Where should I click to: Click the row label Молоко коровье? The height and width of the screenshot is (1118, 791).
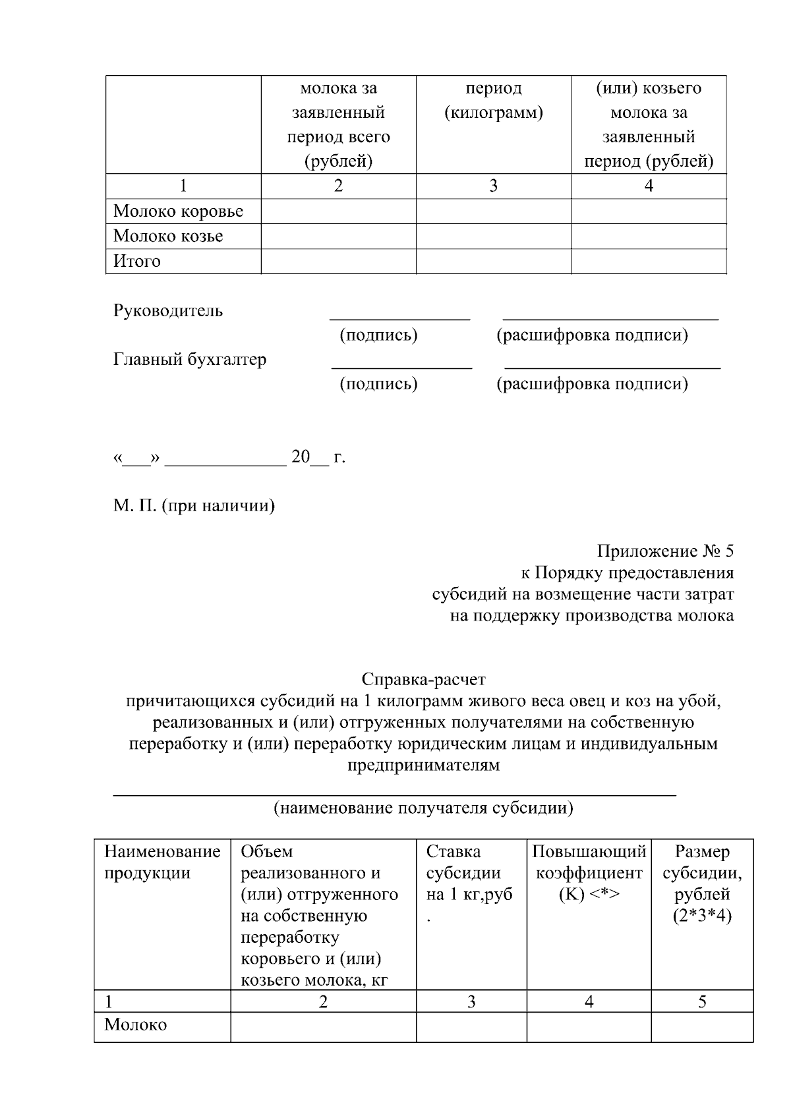(x=178, y=211)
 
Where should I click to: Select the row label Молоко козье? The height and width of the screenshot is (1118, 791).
(x=168, y=237)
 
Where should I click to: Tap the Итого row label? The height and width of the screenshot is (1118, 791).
(x=137, y=262)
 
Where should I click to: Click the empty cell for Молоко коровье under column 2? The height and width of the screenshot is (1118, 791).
(x=338, y=211)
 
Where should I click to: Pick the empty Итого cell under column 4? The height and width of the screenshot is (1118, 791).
(x=648, y=262)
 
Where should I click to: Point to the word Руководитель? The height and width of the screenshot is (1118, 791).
(x=168, y=311)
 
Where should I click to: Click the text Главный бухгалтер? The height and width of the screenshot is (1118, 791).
(x=190, y=360)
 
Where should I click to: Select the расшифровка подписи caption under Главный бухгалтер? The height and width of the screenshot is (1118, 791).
(x=592, y=384)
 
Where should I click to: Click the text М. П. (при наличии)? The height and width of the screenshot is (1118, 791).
(x=194, y=506)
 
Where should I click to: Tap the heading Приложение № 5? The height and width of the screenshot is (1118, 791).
(x=665, y=551)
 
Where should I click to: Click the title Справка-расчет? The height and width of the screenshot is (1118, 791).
(x=423, y=679)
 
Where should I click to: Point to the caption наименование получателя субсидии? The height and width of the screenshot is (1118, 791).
(x=423, y=808)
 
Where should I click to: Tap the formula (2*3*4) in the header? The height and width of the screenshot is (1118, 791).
(x=702, y=916)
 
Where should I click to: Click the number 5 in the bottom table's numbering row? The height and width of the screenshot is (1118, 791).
(x=702, y=1002)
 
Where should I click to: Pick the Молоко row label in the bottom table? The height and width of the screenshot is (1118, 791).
(x=136, y=1025)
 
